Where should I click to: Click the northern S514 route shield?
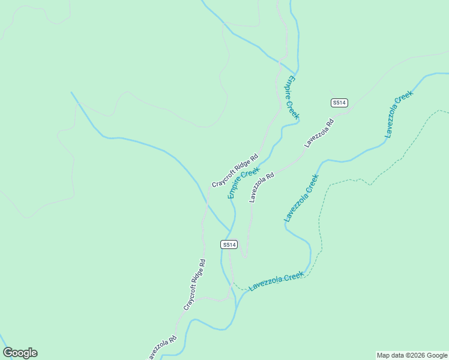click(339, 103)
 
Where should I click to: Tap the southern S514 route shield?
click(229, 244)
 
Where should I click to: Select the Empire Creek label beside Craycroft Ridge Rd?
click(243, 183)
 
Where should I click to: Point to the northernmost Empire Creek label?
click(292, 97)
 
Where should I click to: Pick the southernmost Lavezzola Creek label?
click(277, 281)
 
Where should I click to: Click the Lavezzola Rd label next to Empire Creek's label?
click(262, 187)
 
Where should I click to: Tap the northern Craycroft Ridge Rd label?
click(235, 170)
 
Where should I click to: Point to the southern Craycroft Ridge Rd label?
click(194, 284)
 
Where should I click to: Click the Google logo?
click(20, 353)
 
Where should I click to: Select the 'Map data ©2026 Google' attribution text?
click(412, 355)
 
